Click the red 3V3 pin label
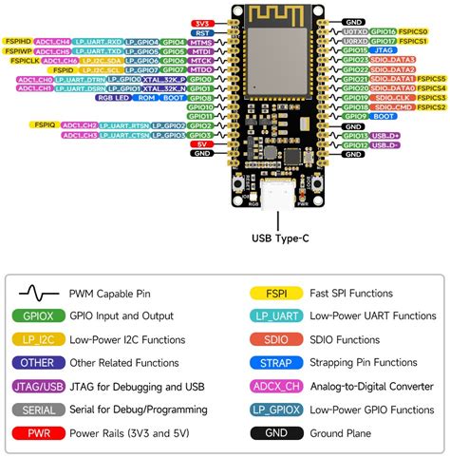point(201,21)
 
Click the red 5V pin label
point(201,143)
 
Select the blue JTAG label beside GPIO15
point(384,50)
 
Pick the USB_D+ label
point(384,134)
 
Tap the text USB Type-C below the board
point(281,239)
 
